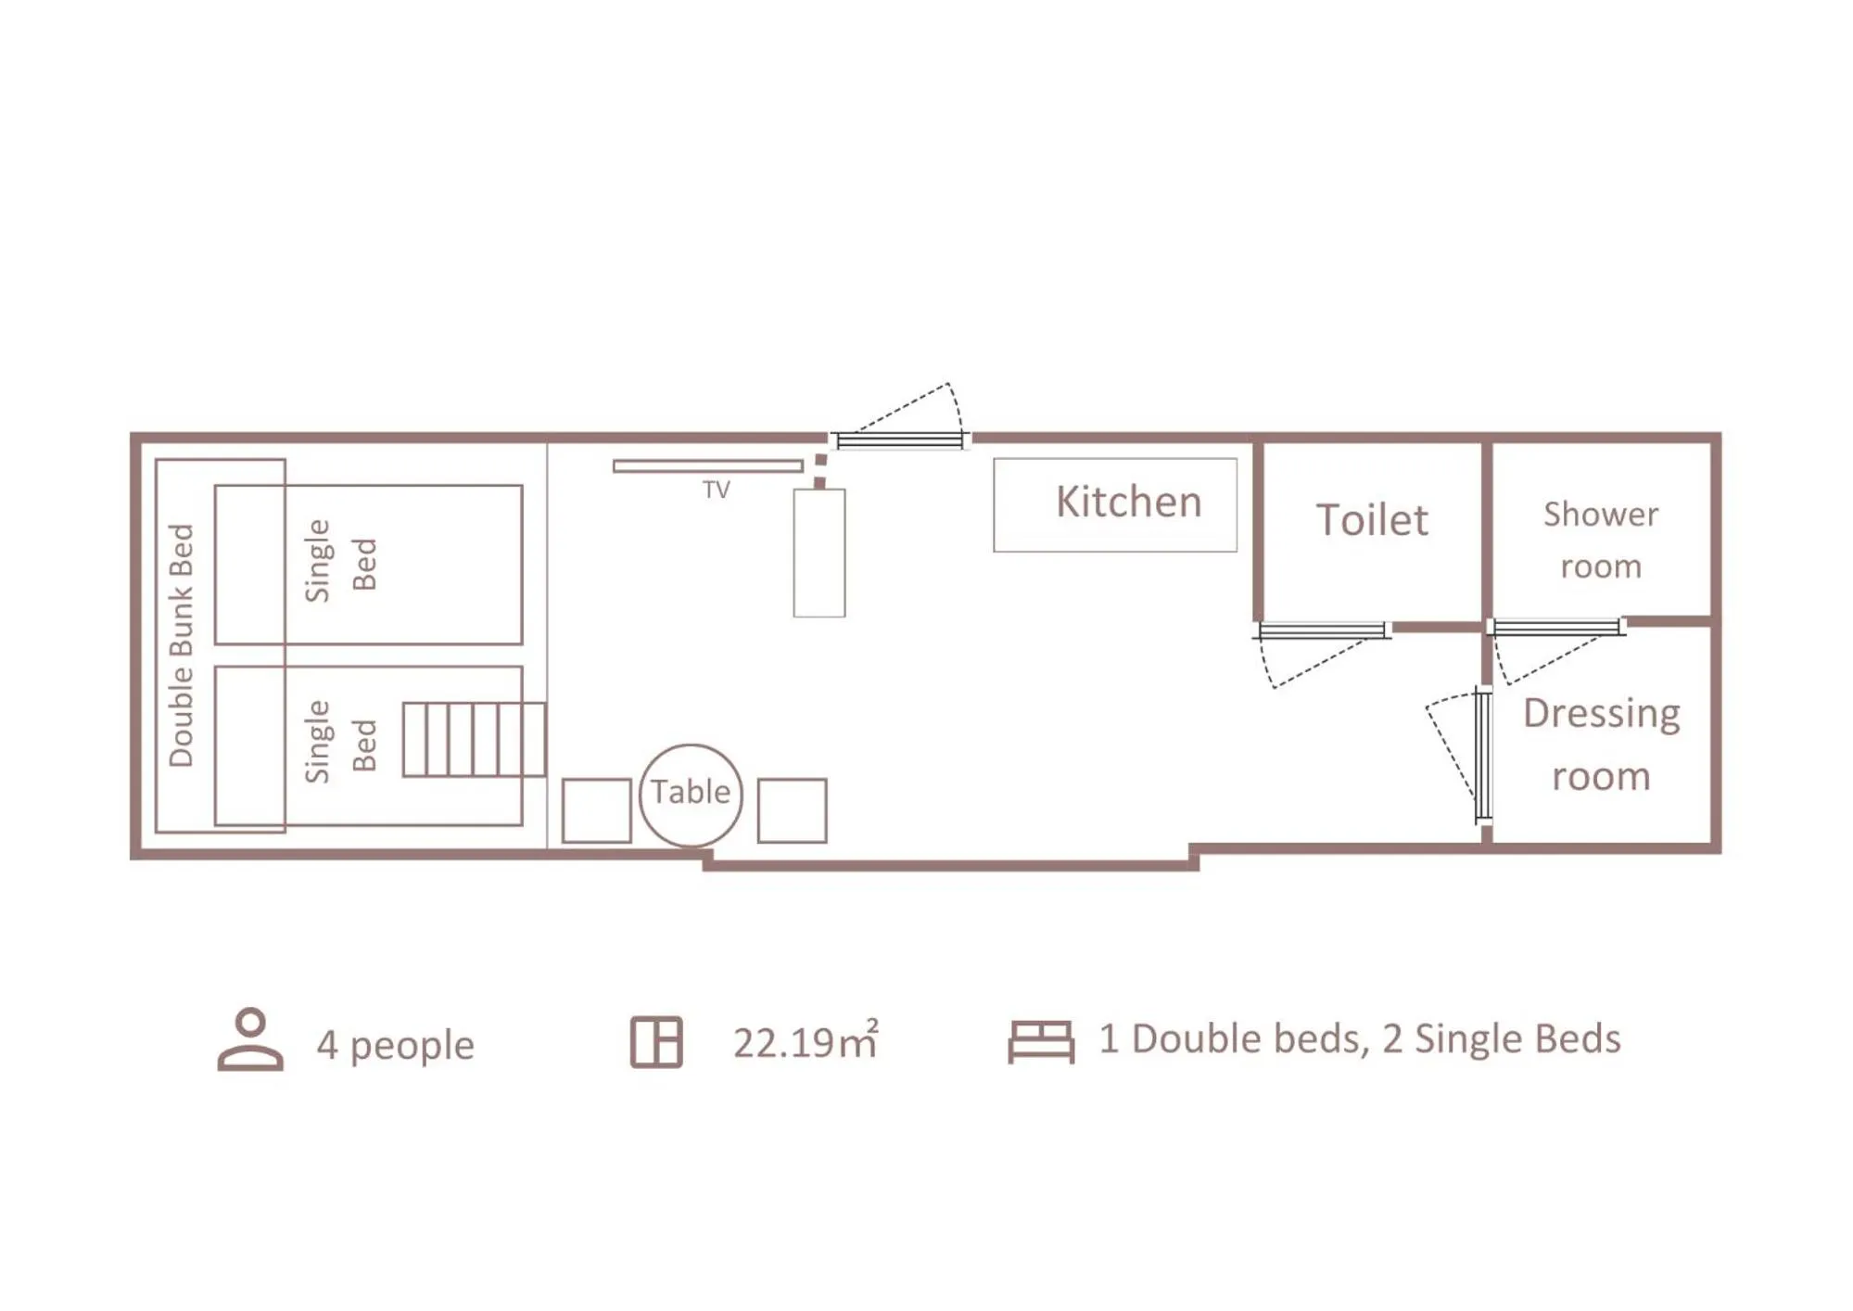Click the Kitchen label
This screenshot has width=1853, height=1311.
pos(1128,503)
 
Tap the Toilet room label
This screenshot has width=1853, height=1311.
pos(1372,520)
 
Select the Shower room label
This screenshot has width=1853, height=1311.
pos(1600,540)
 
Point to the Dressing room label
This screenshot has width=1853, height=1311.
pos(1601,745)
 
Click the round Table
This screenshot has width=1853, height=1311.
pos(691,795)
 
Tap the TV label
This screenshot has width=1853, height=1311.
pos(716,490)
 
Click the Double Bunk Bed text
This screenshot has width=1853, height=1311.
pos(181,645)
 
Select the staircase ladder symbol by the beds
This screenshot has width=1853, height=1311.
pos(474,739)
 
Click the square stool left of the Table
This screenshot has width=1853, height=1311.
pos(596,810)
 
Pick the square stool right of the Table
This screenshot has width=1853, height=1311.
pos(792,810)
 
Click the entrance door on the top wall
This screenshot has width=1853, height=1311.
pos(899,440)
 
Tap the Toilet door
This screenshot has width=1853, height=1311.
pos(1323,631)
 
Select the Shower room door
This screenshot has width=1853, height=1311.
pos(1557,628)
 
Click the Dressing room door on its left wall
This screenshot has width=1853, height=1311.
pos(1482,755)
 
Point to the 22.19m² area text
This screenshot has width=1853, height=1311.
pos(805,1042)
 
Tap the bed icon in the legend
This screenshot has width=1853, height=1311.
pos(1041,1041)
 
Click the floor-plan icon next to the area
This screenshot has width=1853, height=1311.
pos(656,1042)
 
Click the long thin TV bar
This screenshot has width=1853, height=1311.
pos(708,466)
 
